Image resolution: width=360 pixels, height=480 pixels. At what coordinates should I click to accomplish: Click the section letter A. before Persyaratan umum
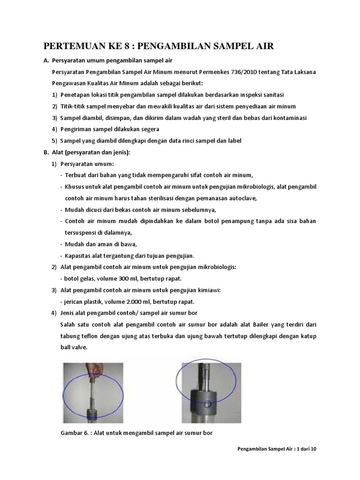pyautogui.click(x=46, y=60)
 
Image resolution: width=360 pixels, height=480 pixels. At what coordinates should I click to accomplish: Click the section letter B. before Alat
pyautogui.click(x=46, y=152)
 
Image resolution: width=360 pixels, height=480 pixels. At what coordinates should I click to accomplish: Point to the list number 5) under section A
pyautogui.click(x=54, y=141)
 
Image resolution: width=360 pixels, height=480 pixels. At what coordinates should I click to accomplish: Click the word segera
pyautogui.click(x=150, y=129)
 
